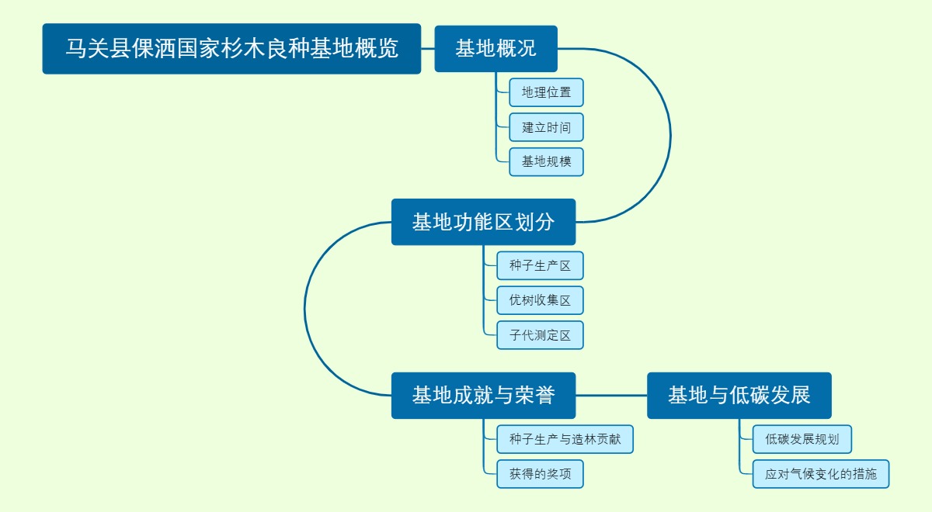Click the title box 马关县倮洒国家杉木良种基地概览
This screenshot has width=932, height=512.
231,49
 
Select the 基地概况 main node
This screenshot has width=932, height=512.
496,49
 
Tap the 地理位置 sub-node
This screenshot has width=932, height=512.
546,92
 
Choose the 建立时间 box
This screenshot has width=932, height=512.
546,127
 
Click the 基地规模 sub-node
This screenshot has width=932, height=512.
546,162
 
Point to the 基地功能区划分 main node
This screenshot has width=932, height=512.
483,222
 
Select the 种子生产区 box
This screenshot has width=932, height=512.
540,265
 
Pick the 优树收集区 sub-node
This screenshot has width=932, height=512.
540,300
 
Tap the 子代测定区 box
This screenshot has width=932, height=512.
540,335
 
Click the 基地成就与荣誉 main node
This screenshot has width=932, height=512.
483,396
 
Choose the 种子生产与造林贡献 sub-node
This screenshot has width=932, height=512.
565,439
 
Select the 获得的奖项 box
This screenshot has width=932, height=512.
540,474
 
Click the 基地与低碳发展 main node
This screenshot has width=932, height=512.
739,396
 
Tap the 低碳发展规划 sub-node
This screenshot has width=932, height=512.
802,439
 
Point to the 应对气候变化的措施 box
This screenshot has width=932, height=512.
820,474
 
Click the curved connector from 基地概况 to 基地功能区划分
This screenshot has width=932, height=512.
670,136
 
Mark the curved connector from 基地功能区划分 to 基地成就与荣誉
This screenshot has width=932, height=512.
305,309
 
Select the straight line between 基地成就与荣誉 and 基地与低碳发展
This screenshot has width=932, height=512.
611,396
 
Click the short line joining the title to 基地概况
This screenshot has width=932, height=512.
427,49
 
